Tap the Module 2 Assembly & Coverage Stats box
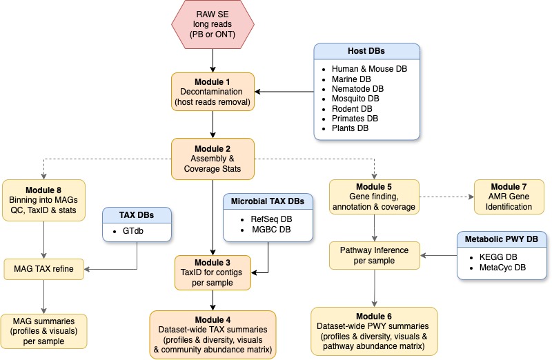coord(213,158)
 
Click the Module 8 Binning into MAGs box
coord(43,200)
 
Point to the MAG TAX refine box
coord(43,268)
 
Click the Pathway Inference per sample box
coord(373,256)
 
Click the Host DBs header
coord(366,52)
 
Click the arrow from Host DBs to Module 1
coord(284,92)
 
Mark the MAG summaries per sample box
coord(43,330)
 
